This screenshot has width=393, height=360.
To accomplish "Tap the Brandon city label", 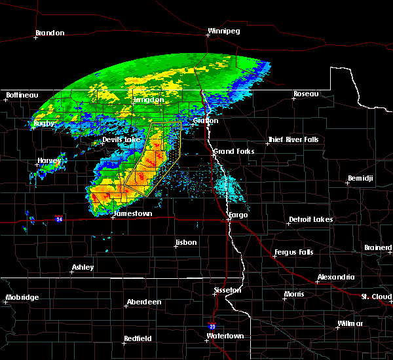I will (50, 33).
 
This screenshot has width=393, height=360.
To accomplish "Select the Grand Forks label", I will (233, 151).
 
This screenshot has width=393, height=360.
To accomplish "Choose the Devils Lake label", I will (121, 140).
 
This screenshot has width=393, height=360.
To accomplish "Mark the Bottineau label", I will (20, 96).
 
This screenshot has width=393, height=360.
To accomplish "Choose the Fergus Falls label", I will (294, 252).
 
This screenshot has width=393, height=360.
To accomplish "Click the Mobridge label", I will (22, 297).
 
